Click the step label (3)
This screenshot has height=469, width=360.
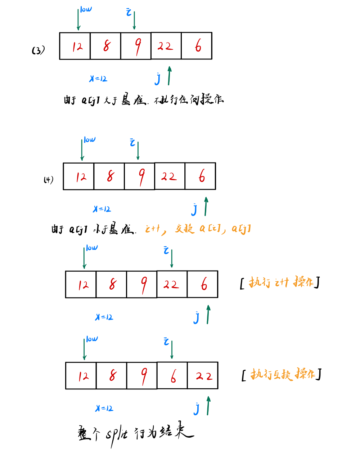[38, 50]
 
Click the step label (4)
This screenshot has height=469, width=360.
[49, 179]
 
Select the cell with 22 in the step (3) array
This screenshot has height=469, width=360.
[166, 46]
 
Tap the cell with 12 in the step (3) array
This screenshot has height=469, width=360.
[75, 46]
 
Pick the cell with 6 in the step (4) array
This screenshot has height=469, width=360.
[200, 176]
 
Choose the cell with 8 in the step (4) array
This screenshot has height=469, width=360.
[109, 176]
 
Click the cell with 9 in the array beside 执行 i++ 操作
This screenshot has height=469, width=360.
[142, 285]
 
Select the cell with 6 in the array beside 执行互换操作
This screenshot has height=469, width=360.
[172, 376]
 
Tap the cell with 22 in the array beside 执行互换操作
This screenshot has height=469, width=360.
[203, 376]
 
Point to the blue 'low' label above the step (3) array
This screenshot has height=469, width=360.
[86, 9]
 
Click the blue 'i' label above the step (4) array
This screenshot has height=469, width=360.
[132, 143]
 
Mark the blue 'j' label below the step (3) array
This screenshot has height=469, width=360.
[158, 78]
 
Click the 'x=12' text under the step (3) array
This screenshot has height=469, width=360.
[98, 79]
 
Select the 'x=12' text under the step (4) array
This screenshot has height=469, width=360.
[102, 209]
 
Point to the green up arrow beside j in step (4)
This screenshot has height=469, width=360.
[206, 206]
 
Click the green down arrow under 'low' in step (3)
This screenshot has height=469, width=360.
[78, 20]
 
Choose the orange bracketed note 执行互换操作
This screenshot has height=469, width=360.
[282, 375]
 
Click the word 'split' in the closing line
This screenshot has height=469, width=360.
[116, 434]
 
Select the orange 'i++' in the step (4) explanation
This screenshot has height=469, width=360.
[153, 228]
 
